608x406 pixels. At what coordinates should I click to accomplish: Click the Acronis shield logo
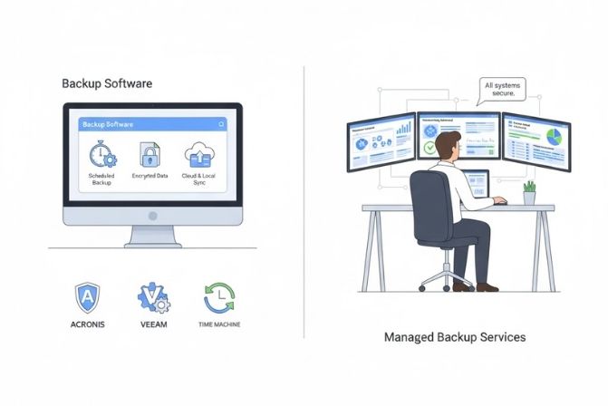pyautogui.click(x=87, y=297)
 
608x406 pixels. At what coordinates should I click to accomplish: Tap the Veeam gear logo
pyautogui.click(x=152, y=297)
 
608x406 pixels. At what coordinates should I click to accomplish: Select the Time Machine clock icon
pyautogui.click(x=218, y=297)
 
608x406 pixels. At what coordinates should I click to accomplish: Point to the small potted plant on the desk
pyautogui.click(x=529, y=192)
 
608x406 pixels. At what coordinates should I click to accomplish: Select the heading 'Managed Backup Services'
pyautogui.click(x=454, y=337)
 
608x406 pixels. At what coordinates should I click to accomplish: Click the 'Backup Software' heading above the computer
pyautogui.click(x=107, y=83)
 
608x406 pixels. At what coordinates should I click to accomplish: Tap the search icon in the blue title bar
pyautogui.click(x=220, y=123)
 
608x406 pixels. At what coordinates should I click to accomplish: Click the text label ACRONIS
pyautogui.click(x=87, y=324)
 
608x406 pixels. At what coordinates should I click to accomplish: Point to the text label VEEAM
pyautogui.click(x=152, y=324)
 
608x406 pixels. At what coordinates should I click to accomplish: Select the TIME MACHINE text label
pyautogui.click(x=218, y=324)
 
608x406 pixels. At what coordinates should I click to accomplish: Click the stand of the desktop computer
pyautogui.click(x=151, y=237)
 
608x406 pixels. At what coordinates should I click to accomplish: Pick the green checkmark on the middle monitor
pyautogui.click(x=429, y=147)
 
